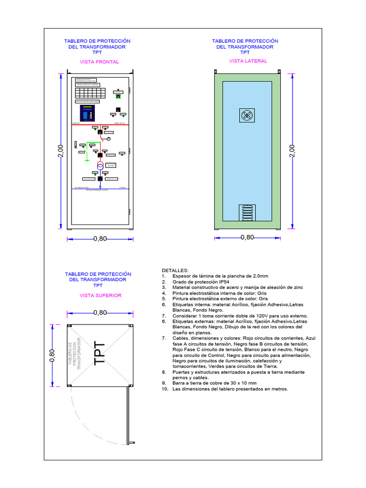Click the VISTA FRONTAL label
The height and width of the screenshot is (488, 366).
[99, 62]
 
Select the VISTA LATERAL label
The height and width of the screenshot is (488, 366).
[248, 61]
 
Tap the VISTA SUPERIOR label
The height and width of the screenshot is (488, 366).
[100, 295]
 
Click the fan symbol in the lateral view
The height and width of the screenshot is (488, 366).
[247, 115]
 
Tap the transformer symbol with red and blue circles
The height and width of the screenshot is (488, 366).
[100, 166]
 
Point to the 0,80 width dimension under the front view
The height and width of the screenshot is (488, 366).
[100, 239]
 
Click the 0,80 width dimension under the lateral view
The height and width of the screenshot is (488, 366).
[247, 237]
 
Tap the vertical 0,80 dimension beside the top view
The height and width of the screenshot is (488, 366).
[52, 356]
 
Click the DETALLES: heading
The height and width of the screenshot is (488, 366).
[175, 270]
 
